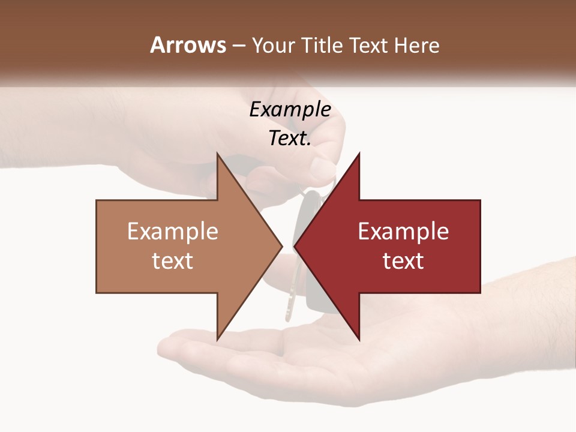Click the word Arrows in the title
(188, 45)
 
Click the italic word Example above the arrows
(290, 110)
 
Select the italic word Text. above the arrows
(290, 139)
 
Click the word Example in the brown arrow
(173, 231)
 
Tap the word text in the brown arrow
(173, 260)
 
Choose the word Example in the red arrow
(403, 231)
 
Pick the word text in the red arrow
(403, 260)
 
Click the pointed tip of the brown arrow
(281, 246)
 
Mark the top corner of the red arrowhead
(359, 154)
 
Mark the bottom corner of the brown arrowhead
(217, 339)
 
